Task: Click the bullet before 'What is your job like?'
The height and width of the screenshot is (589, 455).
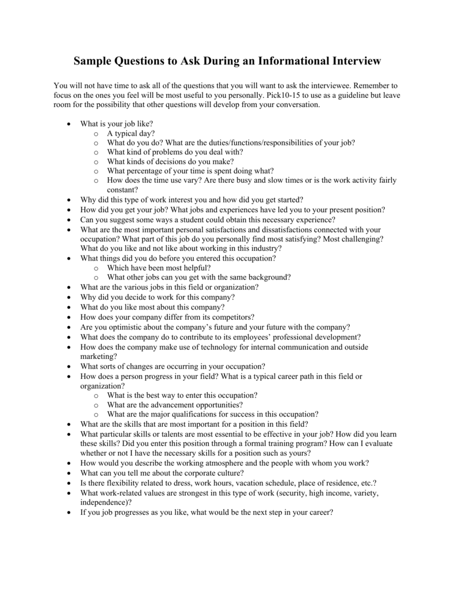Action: [69, 124]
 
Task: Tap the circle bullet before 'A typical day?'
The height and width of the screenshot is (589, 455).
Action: [95, 133]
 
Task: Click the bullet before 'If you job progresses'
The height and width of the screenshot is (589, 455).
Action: [69, 512]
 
